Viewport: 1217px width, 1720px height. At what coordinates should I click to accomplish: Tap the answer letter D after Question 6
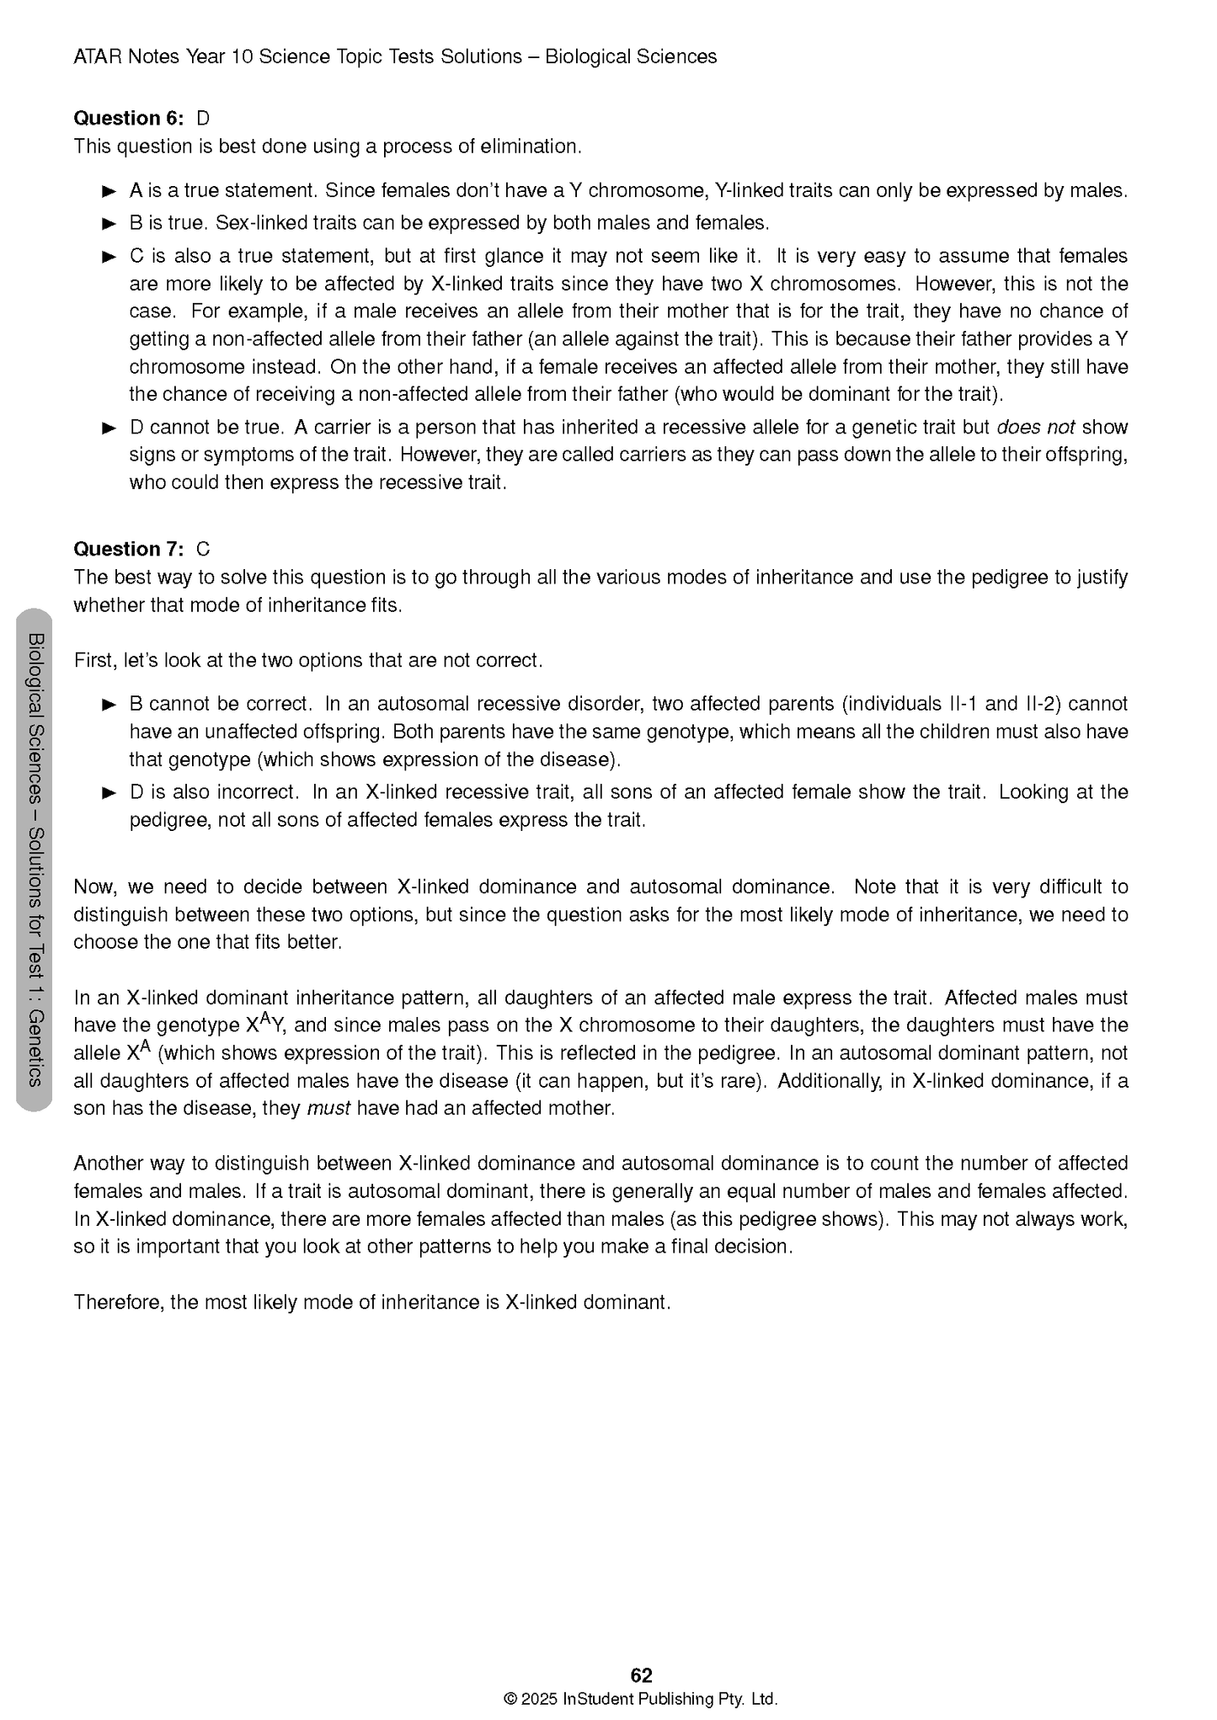[x=203, y=118]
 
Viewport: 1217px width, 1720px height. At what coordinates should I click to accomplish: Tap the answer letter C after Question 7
[x=203, y=549]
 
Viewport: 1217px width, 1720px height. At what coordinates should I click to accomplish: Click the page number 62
[x=641, y=1675]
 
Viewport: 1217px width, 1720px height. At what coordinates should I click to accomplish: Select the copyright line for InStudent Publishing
[x=641, y=1698]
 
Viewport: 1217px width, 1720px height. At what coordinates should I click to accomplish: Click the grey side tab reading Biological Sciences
[x=35, y=859]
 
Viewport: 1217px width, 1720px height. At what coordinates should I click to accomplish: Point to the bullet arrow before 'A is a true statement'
[x=109, y=191]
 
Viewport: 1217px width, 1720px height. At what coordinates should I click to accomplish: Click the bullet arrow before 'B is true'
[x=109, y=224]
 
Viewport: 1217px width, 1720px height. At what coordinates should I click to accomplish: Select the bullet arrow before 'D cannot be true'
[x=109, y=428]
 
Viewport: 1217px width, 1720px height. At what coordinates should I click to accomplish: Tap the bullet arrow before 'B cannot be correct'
[x=109, y=705]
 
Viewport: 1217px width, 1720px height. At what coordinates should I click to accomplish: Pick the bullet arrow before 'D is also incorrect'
[x=109, y=793]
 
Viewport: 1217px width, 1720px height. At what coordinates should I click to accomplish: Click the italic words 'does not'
[x=1035, y=427]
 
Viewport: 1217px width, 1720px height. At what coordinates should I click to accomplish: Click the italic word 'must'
[x=328, y=1108]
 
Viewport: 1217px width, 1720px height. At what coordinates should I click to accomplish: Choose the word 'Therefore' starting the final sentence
[x=117, y=1302]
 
